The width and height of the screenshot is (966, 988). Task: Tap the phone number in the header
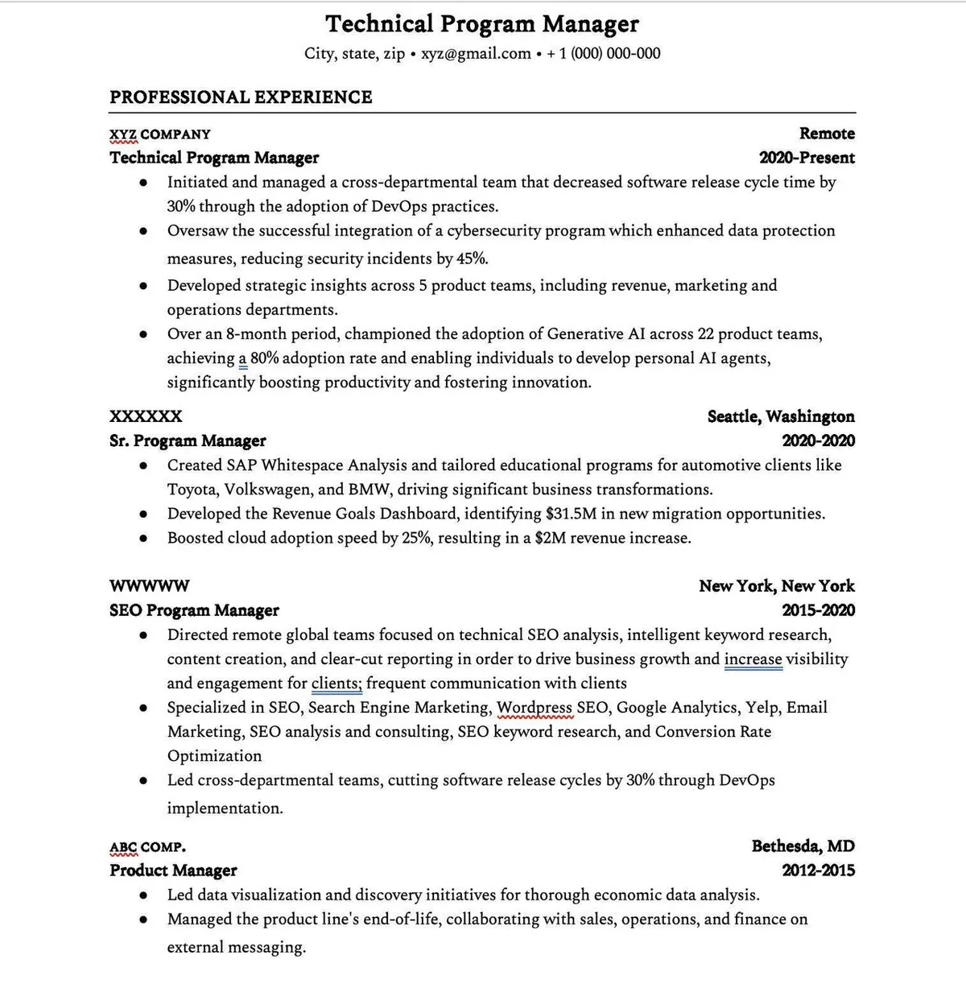coord(604,54)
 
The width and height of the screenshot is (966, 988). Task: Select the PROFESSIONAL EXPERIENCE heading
coord(241,97)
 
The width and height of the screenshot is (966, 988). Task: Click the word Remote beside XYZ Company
coord(827,134)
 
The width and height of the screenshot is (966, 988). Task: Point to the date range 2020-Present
coord(807,158)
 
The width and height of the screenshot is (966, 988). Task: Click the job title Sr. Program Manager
coord(188,441)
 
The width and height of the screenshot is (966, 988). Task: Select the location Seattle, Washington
coord(781,417)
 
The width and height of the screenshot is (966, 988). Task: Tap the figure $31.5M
coord(570,514)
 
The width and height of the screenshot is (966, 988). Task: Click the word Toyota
coord(192,490)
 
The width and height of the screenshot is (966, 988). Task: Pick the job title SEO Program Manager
coord(194,610)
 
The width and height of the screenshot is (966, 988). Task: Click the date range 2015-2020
coord(818,610)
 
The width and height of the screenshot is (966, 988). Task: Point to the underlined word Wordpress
coord(535,708)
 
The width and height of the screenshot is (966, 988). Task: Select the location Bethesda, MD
coord(803,846)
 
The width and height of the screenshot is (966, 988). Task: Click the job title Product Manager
coord(173,870)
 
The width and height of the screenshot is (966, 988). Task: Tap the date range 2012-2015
coord(818,870)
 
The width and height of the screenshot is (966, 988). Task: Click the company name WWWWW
coord(150,586)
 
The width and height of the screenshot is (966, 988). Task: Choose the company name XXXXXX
coord(146,417)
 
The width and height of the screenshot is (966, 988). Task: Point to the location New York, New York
coord(776,586)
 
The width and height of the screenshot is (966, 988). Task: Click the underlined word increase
coord(753,659)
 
